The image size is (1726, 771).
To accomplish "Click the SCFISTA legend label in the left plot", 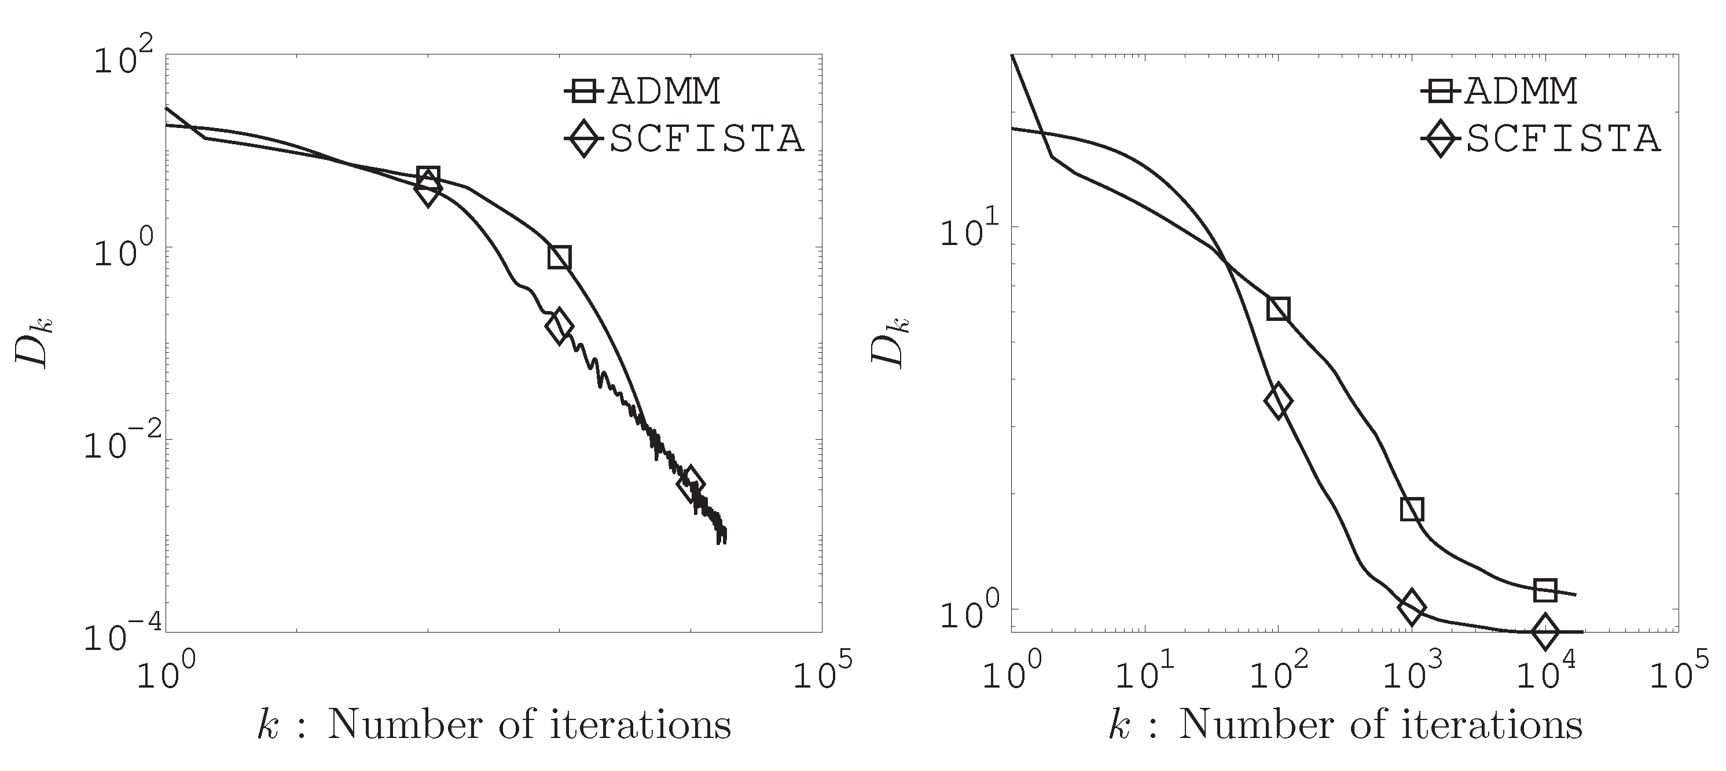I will pos(706,140).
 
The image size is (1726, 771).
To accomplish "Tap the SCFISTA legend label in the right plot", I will pos(1563,140).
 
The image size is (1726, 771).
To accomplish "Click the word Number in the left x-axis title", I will pos(406,725).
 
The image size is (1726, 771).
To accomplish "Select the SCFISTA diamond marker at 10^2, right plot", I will pos(1279,401).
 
